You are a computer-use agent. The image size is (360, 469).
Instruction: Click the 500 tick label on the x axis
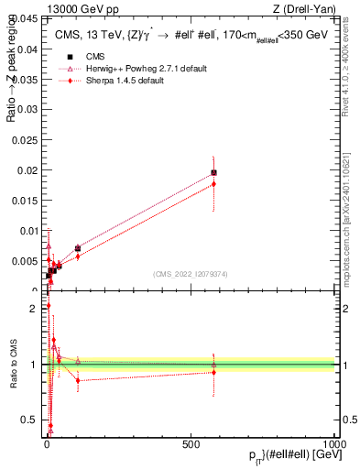[191, 443]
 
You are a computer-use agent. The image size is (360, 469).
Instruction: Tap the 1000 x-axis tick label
[334, 443]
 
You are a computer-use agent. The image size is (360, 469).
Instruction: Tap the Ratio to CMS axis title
[13, 365]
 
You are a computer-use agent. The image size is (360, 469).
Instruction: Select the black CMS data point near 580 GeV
[213, 172]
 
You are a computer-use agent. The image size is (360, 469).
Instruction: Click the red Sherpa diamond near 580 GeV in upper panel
[213, 184]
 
